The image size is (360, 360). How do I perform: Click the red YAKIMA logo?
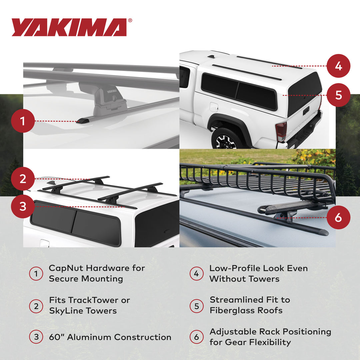click(x=69, y=27)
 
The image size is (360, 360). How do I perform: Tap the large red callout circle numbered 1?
click(x=23, y=121)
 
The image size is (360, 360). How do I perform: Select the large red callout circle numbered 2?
click(x=23, y=179)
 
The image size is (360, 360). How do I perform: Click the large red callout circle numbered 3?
click(x=23, y=207)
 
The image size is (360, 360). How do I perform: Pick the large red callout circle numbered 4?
click(x=338, y=66)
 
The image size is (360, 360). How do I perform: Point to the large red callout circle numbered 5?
click(x=338, y=95)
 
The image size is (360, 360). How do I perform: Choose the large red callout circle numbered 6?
click(x=338, y=218)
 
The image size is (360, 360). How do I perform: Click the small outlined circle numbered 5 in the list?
click(x=196, y=305)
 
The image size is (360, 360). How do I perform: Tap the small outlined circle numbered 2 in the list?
click(x=36, y=306)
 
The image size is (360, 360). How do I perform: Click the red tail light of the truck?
click(x=281, y=131)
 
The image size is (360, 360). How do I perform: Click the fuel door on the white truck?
click(x=214, y=107)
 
